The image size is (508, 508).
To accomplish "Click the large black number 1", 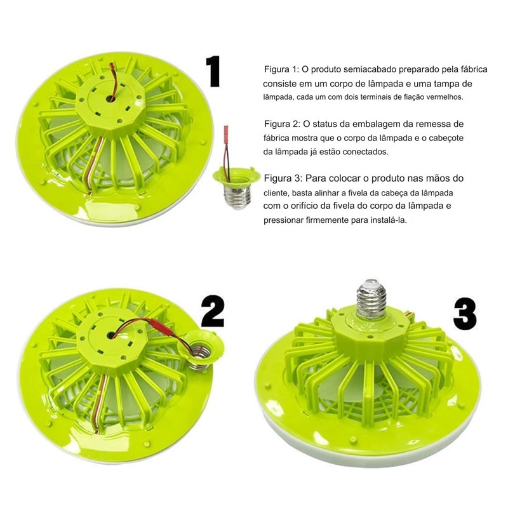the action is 213,71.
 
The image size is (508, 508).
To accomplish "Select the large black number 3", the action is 465,314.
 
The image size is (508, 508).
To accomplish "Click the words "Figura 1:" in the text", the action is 281,69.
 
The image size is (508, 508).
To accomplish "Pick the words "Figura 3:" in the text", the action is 282,178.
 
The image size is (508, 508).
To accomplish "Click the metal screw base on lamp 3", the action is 371,298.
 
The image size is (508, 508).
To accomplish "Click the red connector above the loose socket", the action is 226,133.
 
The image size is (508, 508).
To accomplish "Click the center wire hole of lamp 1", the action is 111,98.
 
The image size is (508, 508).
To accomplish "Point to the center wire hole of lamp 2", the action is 110,335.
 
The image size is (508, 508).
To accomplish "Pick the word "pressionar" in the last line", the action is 283,220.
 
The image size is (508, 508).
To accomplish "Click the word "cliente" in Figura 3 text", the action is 276,193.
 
